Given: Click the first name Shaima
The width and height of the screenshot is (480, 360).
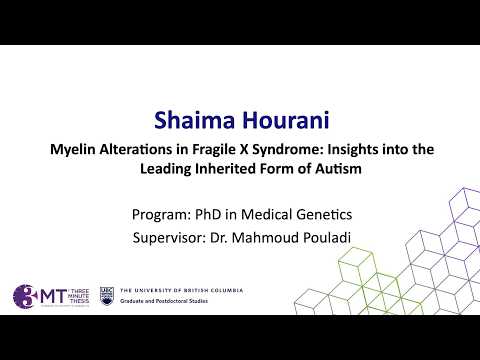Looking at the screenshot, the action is point(195,120).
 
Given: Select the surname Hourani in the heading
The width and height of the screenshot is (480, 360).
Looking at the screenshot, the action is point(286,120).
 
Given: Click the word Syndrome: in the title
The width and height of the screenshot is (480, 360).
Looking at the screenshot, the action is point(288,150).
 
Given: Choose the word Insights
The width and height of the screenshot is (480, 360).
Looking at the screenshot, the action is point(353,149).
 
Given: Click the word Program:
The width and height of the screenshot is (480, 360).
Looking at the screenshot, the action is point(161,214).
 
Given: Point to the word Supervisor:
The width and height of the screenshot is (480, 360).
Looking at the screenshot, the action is point(169,238).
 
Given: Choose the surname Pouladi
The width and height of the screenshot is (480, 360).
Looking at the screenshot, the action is point(327,237).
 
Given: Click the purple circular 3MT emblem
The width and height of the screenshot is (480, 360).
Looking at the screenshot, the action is point(24,296).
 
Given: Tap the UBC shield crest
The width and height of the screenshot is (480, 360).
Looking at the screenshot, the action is point(107,296).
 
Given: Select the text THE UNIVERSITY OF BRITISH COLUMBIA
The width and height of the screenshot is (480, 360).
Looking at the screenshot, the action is point(182,290).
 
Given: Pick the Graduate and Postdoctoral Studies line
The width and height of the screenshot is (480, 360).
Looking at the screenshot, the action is point(164,301).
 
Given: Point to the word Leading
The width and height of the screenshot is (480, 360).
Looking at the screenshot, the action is point(166,169).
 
